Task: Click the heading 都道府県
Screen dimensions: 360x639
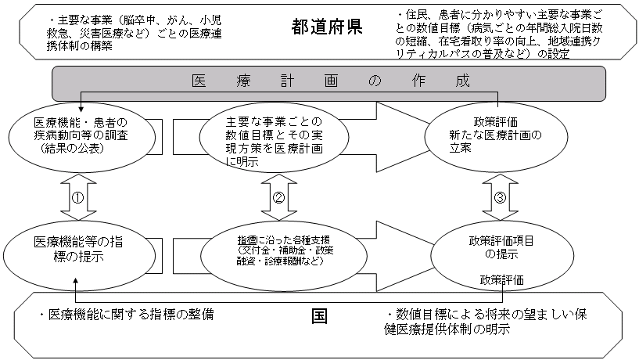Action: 326,27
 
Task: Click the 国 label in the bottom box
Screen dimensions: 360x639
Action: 318,316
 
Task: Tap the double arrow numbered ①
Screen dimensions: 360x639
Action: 77,196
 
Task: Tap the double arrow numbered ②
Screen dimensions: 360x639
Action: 278,196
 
